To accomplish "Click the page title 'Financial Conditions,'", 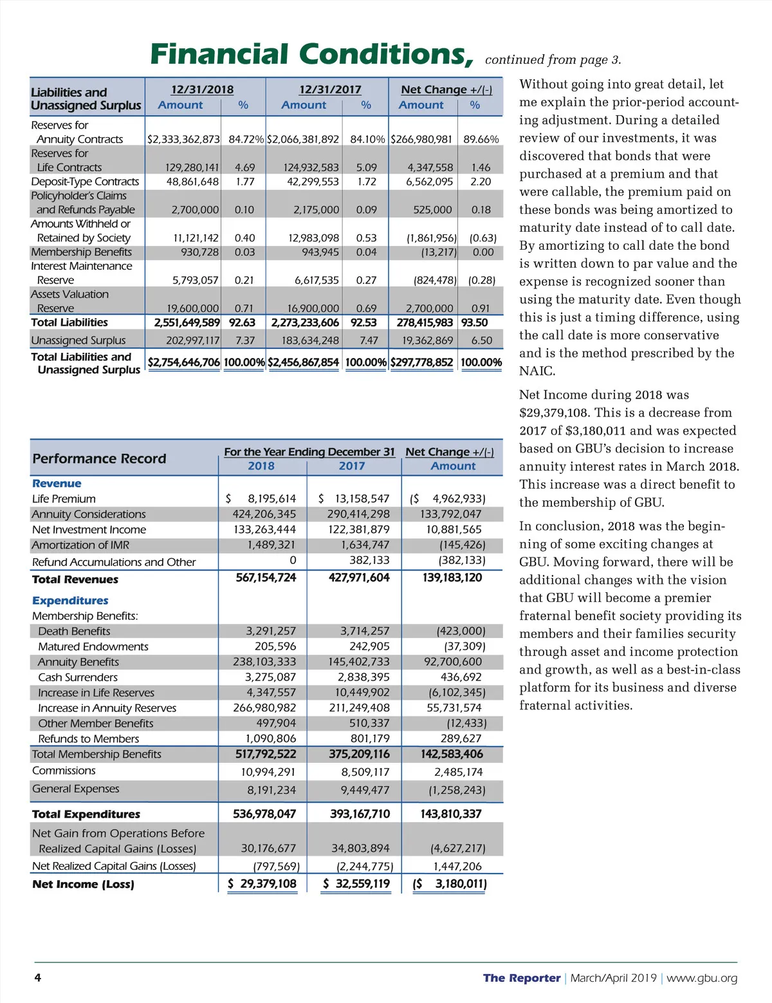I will tap(312, 55).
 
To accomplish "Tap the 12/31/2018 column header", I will tap(202, 89).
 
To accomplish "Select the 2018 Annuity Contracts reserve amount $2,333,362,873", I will tap(183, 139).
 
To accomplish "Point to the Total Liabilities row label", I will tap(69, 323).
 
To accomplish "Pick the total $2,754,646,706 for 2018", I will tap(184, 362).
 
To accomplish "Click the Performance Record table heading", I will tap(99, 458).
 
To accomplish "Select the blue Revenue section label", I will tap(57, 483).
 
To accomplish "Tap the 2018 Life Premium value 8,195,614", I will tap(271, 498).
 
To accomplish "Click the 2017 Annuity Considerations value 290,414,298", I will tap(358, 514).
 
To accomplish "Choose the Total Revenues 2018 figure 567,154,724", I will tap(266, 577).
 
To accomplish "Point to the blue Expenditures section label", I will tap(70, 601).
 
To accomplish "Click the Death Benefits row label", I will tap(74, 631).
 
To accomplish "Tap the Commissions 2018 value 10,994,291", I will tap(268, 772).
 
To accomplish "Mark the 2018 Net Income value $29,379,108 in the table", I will tap(268, 884).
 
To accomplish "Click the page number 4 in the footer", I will tap(37, 978).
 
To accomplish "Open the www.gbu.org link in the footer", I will tap(702, 978).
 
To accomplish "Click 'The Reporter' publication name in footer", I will tap(522, 978).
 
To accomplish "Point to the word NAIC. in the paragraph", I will tap(537, 371).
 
